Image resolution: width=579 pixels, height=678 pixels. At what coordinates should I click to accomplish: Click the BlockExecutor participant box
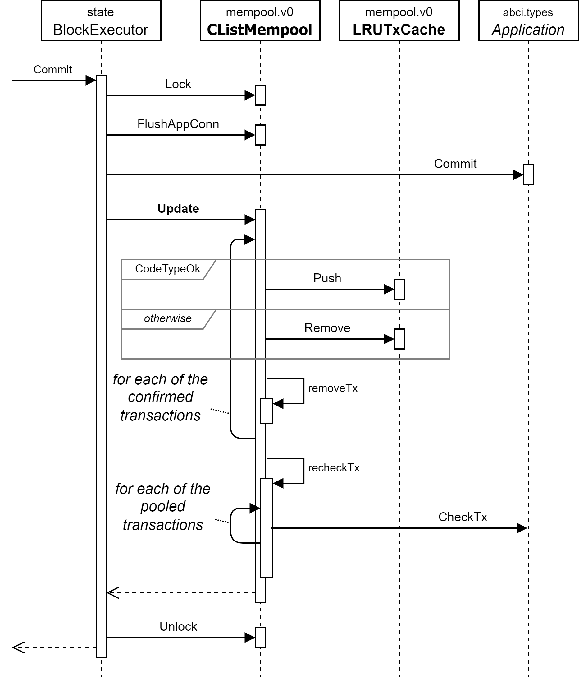point(101,21)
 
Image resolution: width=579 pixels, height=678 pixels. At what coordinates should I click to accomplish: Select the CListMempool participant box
point(260,21)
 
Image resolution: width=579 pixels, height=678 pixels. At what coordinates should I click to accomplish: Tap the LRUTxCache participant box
point(399,21)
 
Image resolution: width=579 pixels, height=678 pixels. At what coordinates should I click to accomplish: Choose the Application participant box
point(528,21)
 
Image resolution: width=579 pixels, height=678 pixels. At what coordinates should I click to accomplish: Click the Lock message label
point(178,84)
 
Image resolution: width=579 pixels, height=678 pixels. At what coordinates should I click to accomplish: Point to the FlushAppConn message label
point(178,124)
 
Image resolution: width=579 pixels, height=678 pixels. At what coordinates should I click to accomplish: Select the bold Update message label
point(178,209)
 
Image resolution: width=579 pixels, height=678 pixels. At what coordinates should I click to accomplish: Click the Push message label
point(327,278)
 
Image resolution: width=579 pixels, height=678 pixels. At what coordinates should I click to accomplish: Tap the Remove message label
point(327,328)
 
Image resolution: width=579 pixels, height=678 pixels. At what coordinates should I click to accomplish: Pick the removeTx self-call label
point(333,388)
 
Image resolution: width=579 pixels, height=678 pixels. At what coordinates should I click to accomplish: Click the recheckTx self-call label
point(334,468)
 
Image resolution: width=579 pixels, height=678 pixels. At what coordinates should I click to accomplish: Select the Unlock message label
point(178,627)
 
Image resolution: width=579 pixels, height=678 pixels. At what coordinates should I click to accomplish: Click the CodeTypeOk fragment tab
point(167,269)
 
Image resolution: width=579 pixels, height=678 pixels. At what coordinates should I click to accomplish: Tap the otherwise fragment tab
point(167,319)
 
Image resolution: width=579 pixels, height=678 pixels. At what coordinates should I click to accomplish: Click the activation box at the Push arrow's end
point(399,289)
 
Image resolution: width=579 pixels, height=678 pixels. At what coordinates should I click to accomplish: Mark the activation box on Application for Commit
point(528,175)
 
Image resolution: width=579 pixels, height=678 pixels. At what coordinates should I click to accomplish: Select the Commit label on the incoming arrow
point(52,70)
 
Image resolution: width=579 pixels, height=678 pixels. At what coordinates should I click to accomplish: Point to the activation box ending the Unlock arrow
point(260,638)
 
